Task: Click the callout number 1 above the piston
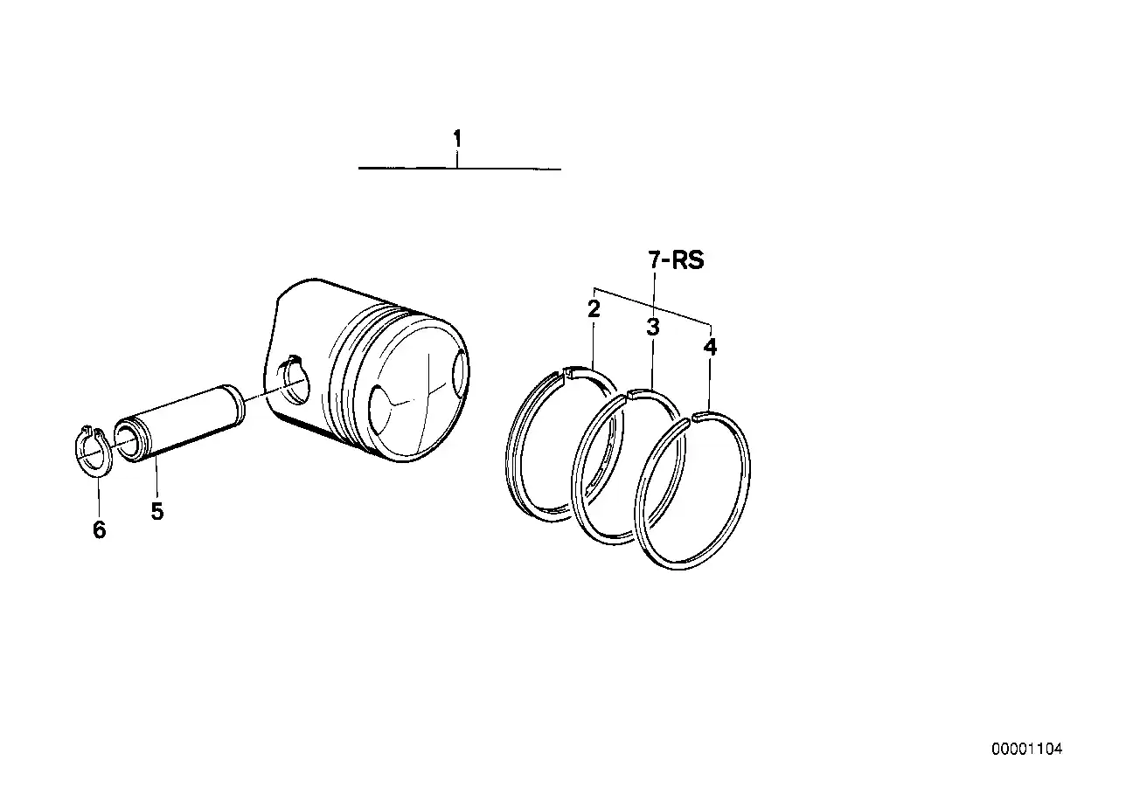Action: (x=456, y=139)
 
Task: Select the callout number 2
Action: (x=594, y=308)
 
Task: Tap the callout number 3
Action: (x=653, y=328)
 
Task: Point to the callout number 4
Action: (x=710, y=347)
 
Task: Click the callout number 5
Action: (x=156, y=511)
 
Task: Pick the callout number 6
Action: (x=99, y=529)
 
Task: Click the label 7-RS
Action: (x=676, y=260)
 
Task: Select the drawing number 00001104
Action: (x=1026, y=750)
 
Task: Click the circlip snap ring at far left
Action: (x=89, y=452)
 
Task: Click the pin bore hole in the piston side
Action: (x=294, y=379)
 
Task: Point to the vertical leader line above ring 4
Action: (x=710, y=384)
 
